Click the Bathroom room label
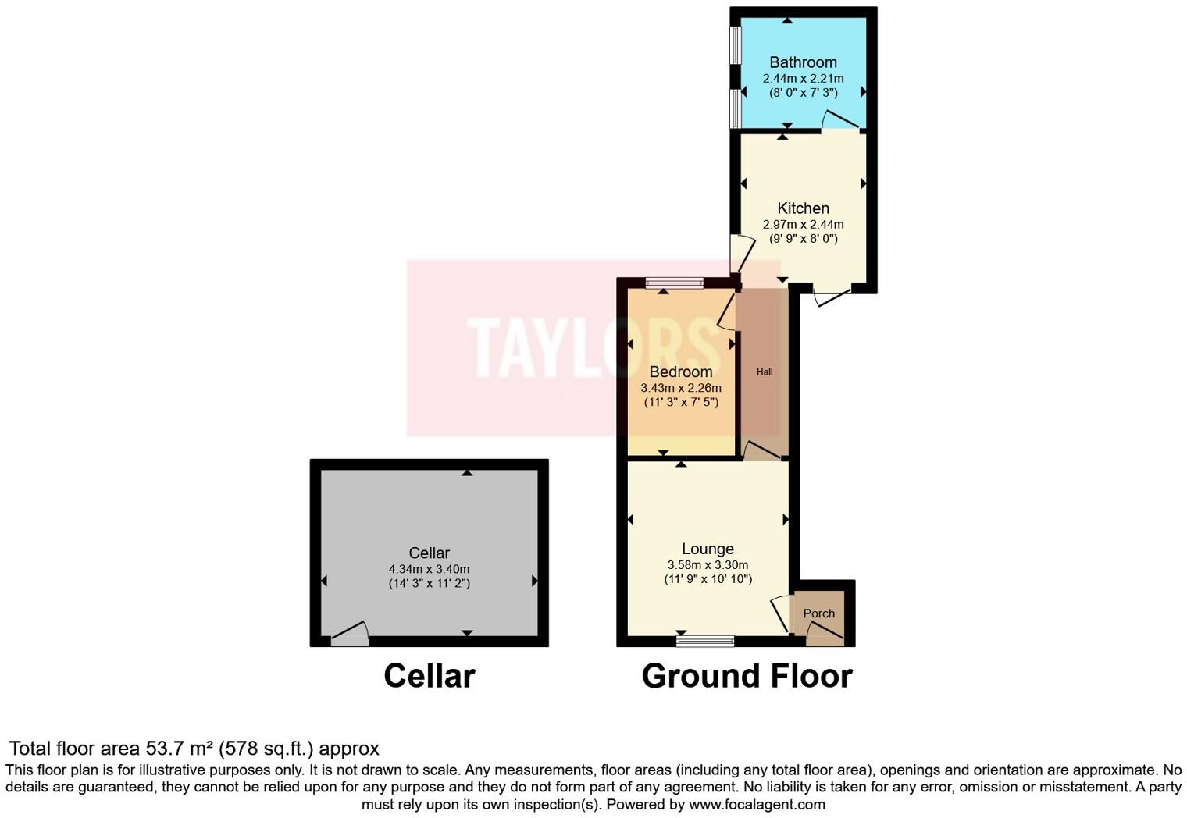[803, 62]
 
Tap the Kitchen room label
[803, 208]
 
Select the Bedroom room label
[681, 372]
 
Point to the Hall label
[765, 372]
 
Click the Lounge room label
[708, 549]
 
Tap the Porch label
[818, 613]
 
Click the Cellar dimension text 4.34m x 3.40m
[429, 569]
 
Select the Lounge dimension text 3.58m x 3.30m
[708, 565]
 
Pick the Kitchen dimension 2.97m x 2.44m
[803, 224]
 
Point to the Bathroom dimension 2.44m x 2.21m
[803, 78]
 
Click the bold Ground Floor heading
[747, 676]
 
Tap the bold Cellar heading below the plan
[429, 676]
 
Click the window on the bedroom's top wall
[675, 283]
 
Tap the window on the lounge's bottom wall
[705, 641]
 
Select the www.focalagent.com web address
[757, 804]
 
